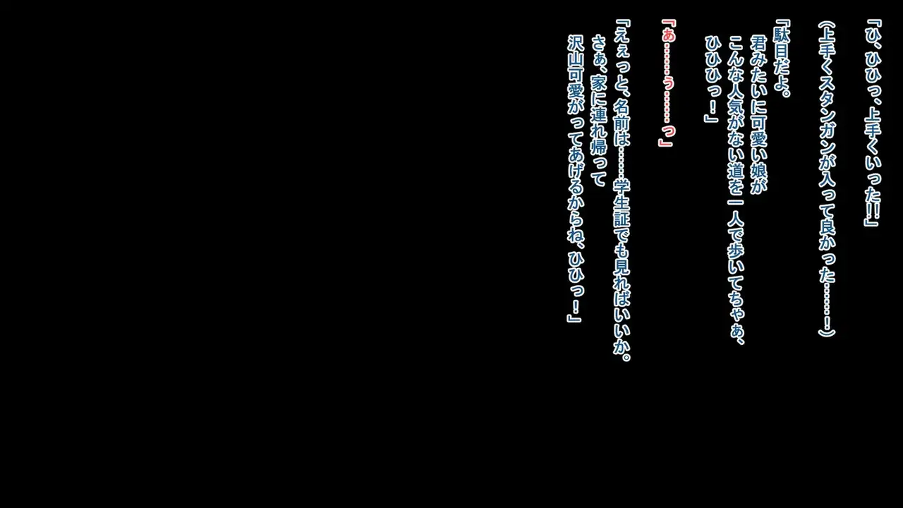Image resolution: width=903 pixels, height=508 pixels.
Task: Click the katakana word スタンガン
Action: (x=827, y=117)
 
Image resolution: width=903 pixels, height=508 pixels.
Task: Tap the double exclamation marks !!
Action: (x=873, y=208)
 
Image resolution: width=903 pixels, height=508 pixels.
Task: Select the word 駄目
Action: (x=781, y=44)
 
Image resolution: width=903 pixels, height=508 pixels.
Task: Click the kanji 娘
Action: (x=758, y=167)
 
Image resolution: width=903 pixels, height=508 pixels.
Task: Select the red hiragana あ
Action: (x=667, y=36)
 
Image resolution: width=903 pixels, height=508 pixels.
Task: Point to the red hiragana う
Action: (x=667, y=83)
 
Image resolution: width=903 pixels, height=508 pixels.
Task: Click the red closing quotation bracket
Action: (x=665, y=140)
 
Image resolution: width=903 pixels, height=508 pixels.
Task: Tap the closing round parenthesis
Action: (x=827, y=331)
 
